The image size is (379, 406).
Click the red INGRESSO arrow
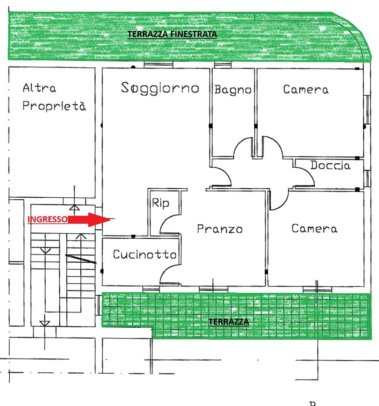(89, 219)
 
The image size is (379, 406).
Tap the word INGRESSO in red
(47, 219)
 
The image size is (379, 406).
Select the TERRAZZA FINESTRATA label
(172, 34)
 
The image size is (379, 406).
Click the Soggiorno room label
(160, 88)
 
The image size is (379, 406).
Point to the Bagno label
(233, 90)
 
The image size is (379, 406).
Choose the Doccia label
(330, 165)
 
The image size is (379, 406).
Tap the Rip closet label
(160, 203)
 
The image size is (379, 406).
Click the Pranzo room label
(220, 229)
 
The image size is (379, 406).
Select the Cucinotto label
(145, 254)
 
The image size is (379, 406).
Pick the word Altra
(39, 88)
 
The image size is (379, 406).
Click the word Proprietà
(54, 106)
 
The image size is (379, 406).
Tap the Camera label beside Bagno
(306, 90)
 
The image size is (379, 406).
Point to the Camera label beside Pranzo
(314, 229)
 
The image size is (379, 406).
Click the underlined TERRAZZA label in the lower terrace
(229, 322)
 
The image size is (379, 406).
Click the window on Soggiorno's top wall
(158, 65)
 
